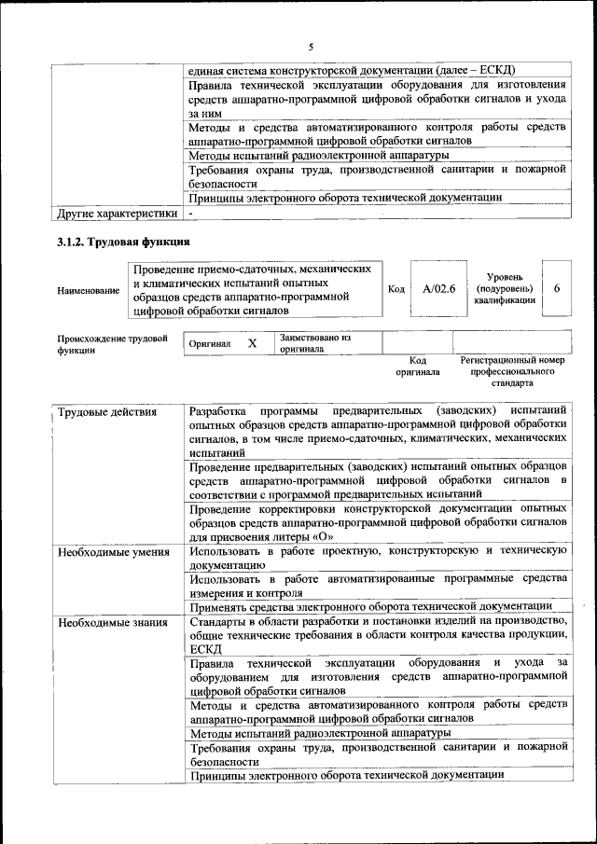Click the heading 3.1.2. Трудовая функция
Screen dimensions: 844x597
pyautogui.click(x=123, y=242)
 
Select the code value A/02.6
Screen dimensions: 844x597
pyautogui.click(x=437, y=289)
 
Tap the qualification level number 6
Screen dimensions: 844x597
pyautogui.click(x=557, y=289)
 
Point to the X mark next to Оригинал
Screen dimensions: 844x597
pyautogui.click(x=252, y=343)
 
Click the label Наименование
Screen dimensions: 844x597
pyautogui.click(x=89, y=291)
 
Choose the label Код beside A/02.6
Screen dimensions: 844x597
pyautogui.click(x=396, y=289)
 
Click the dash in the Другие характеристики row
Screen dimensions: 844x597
pyautogui.click(x=190, y=214)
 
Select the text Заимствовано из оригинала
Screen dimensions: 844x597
pyautogui.click(x=315, y=343)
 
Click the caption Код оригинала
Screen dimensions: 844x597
pyautogui.click(x=417, y=366)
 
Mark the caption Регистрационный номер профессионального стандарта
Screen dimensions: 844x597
pyautogui.click(x=512, y=371)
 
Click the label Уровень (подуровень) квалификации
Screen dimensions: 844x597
pyautogui.click(x=504, y=288)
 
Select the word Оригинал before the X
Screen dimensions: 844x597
pyautogui.click(x=209, y=344)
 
